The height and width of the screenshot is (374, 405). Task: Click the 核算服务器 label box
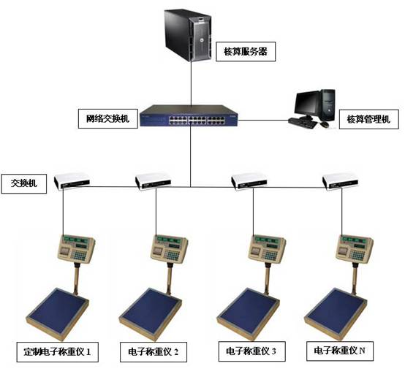246,52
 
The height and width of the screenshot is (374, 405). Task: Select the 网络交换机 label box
108,119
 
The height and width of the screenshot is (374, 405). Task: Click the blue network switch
189,115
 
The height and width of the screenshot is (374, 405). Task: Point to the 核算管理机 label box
369,120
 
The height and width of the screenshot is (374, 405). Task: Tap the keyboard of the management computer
303,123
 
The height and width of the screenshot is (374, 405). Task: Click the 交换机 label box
24,183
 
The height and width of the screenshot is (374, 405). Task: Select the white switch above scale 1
72,182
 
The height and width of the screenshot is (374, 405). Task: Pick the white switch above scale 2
153,181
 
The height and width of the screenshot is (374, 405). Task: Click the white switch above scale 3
249,182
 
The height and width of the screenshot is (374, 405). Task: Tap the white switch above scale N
341,182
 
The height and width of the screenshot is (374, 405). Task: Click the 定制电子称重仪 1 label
58,352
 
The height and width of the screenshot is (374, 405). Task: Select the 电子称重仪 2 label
154,352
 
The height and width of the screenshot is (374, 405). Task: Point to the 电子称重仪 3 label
251,351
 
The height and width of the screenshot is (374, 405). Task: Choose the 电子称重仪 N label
340,351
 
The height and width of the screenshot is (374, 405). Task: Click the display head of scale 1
77,248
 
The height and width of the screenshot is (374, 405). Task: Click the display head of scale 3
267,249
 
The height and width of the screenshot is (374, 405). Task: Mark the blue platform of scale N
336,310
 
